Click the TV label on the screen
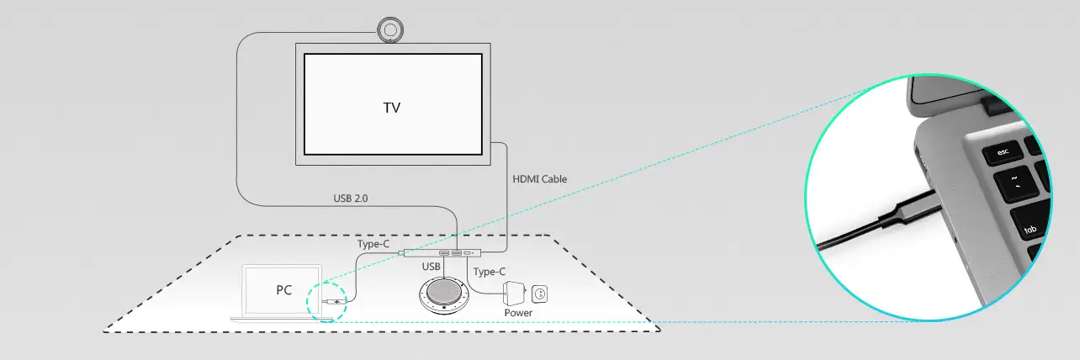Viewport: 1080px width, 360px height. click(391, 108)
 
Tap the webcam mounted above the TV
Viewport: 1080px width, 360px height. click(390, 30)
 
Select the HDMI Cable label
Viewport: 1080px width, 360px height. click(539, 179)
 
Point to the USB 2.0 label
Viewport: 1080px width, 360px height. click(351, 198)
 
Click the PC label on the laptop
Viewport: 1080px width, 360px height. click(283, 290)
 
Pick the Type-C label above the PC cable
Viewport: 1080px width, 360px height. click(373, 244)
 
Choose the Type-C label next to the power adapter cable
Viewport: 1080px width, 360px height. click(490, 272)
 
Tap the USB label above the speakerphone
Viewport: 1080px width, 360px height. click(431, 267)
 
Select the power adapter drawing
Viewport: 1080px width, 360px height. click(514, 293)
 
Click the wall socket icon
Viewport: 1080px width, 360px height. click(539, 294)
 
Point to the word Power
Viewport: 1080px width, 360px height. click(518, 313)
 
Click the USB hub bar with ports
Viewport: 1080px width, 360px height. click(442, 252)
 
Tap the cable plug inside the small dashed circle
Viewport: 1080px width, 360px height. click(334, 302)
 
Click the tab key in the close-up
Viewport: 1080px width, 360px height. click(1030, 224)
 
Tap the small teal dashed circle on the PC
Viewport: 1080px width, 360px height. click(326, 302)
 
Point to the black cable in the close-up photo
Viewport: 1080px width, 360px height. click(850, 235)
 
